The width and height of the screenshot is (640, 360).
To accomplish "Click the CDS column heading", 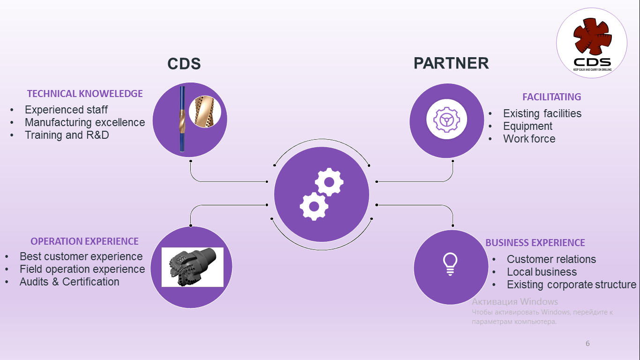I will (184, 64).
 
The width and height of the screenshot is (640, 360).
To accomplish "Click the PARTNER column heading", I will (451, 63).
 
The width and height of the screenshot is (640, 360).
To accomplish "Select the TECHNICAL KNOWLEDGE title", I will (85, 94).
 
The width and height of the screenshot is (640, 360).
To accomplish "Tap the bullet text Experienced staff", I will (66, 110).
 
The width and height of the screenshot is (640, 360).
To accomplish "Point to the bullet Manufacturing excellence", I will (85, 122).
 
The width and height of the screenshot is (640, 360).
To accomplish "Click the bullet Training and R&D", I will (67, 135).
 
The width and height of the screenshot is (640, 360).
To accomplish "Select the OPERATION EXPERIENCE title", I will (85, 241).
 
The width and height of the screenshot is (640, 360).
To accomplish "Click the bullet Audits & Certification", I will (69, 282).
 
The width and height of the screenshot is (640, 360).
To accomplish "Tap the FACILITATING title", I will (551, 97).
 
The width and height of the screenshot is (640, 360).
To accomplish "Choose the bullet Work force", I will (529, 139).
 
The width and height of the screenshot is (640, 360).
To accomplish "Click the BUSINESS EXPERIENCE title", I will (535, 243).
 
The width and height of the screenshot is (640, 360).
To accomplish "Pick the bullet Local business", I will (542, 272).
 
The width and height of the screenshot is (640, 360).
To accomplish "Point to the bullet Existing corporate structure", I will (572, 285).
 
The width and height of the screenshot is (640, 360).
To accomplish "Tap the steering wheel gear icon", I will (447, 119).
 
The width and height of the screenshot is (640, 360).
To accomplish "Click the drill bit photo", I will (193, 267).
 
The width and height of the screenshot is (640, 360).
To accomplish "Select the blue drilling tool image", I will (182, 119).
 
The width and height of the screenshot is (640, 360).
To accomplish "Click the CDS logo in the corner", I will (592, 43).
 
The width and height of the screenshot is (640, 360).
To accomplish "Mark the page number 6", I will (588, 344).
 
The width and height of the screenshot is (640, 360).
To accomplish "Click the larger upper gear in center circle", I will (329, 182).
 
